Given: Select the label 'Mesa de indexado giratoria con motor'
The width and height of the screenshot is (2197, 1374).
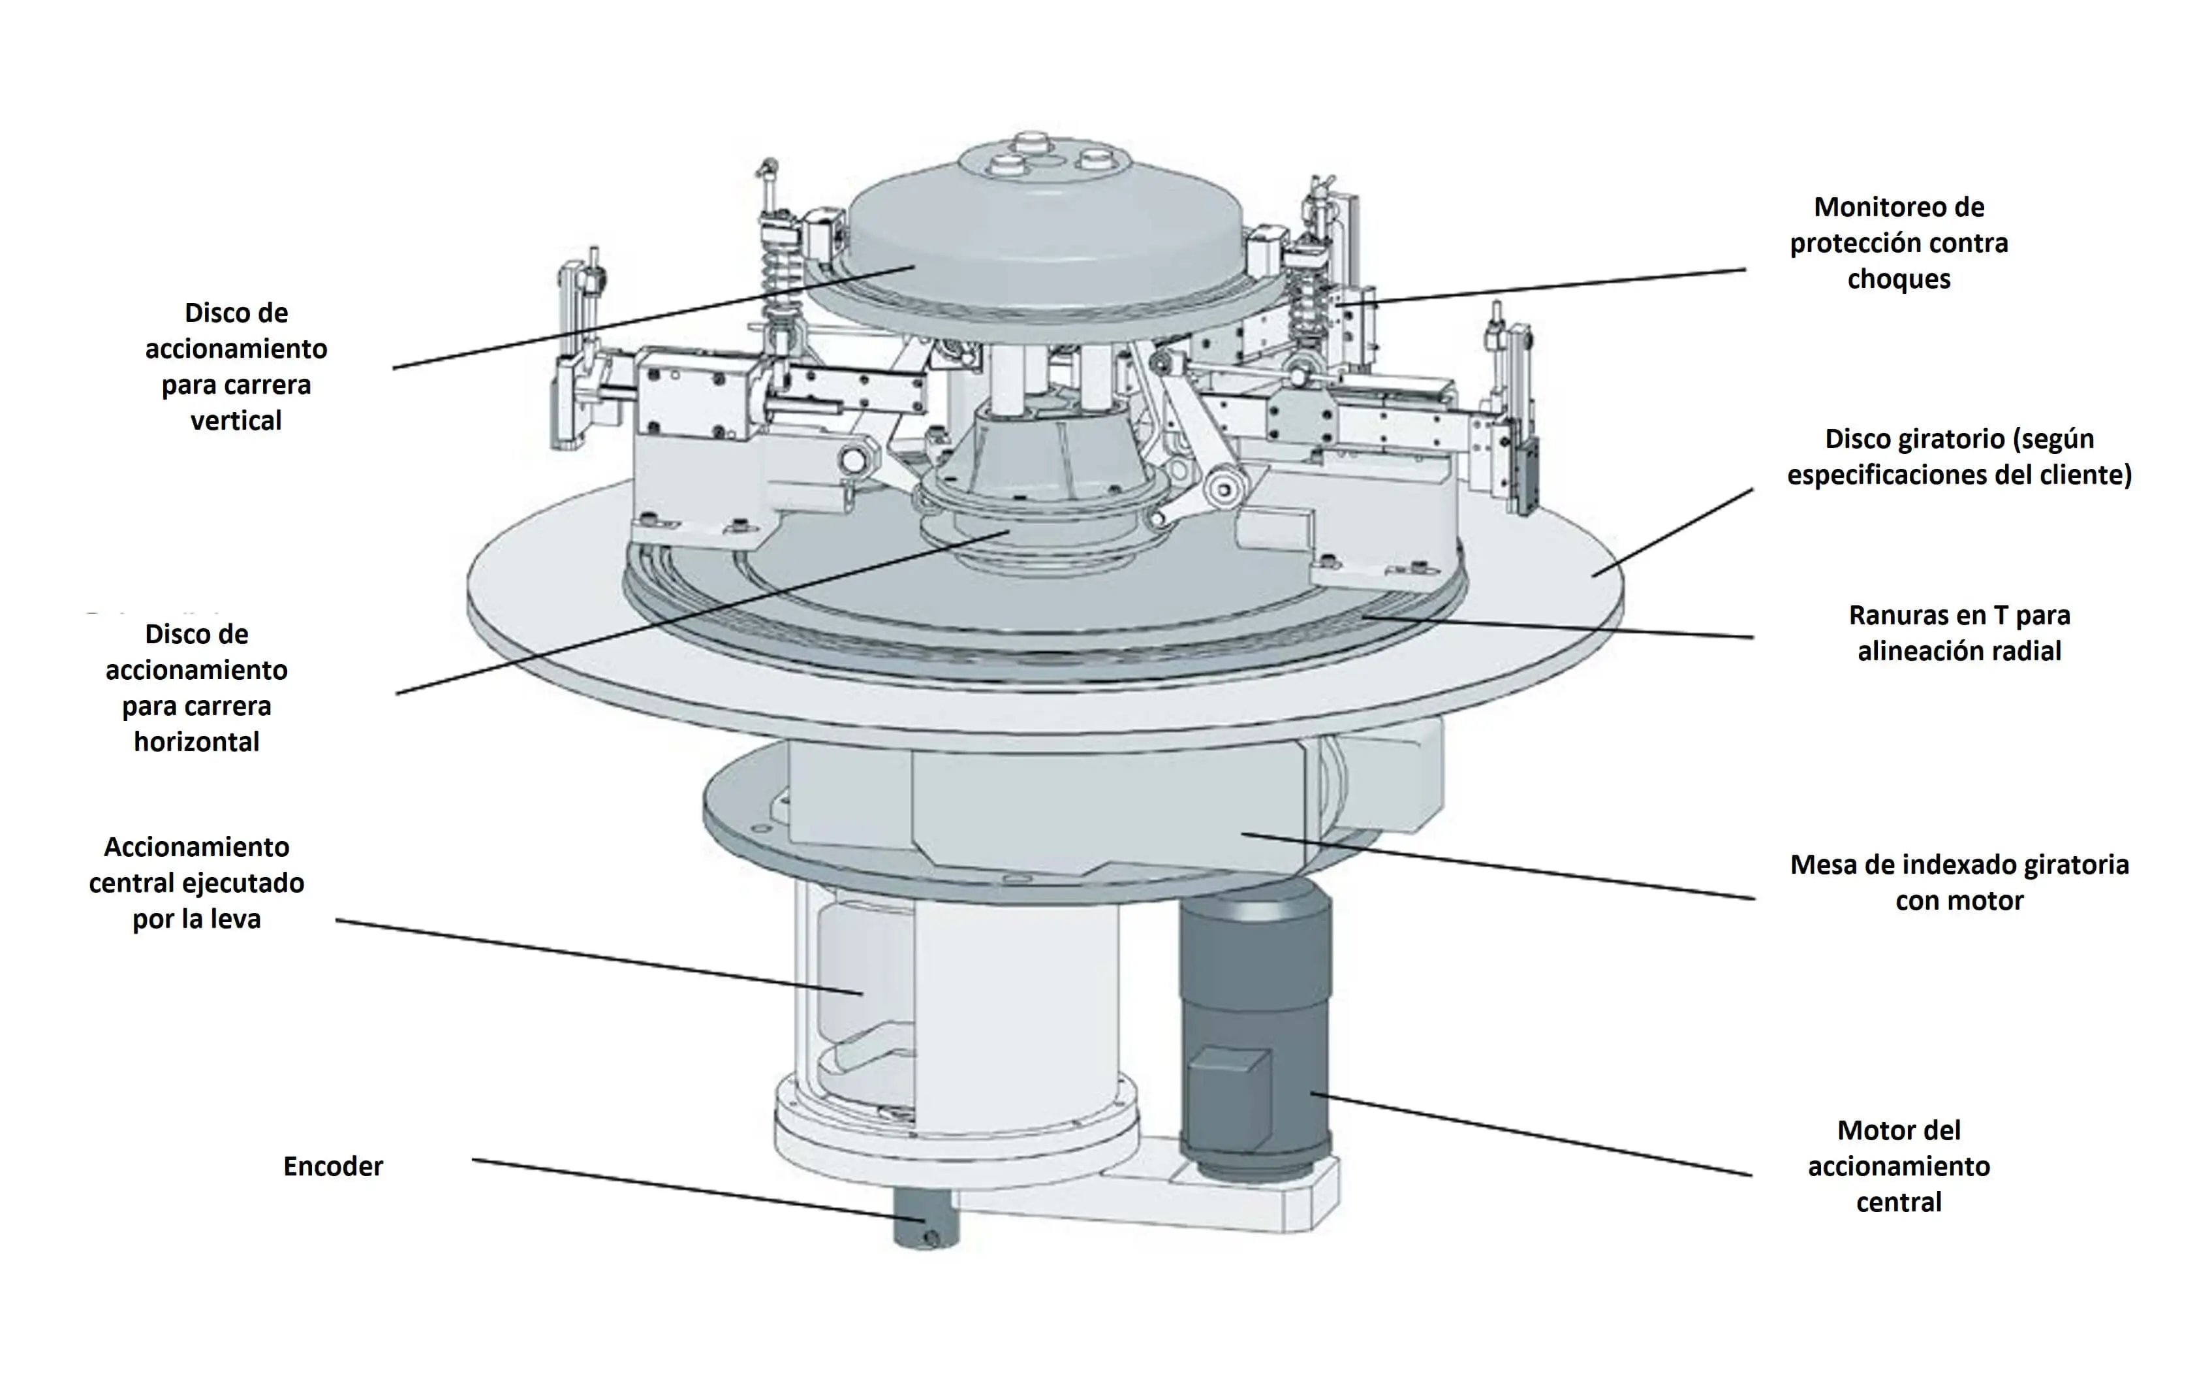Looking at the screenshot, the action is pos(1959,882).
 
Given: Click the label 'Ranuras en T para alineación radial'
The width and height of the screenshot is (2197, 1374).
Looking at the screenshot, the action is pos(1959,633).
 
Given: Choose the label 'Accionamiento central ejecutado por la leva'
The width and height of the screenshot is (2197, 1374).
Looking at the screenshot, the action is pos(196,884).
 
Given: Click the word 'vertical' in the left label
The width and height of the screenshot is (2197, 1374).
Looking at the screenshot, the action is pos(236,421).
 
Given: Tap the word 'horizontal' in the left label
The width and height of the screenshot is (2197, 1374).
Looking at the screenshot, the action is pos(196,743).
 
